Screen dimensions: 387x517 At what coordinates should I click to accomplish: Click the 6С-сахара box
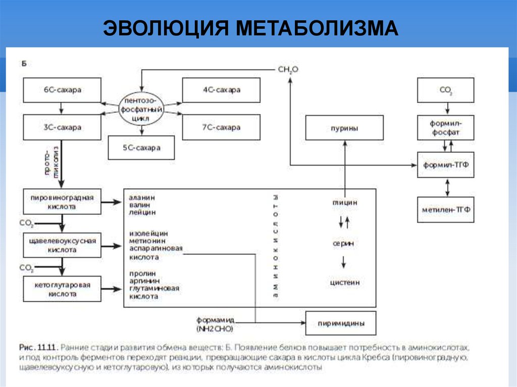62,90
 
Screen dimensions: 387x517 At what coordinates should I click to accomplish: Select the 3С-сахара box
62,127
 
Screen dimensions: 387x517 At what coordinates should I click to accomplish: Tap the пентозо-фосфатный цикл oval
142,108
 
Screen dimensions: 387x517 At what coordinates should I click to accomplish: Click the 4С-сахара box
221,90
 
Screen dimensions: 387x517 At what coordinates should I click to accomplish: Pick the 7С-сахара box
221,127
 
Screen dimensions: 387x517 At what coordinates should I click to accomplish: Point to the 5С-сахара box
141,148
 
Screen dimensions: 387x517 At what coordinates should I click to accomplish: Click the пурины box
344,128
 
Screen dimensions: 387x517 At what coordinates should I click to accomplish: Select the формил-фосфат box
445,128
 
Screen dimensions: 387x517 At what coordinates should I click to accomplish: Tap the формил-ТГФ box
445,165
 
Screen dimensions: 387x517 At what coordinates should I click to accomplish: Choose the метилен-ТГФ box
445,209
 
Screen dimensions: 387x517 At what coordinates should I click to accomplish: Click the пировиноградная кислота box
62,202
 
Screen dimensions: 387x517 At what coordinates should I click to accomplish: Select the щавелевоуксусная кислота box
62,245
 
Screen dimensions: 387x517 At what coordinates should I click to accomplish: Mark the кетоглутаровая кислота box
62,289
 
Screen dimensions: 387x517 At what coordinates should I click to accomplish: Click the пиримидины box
341,321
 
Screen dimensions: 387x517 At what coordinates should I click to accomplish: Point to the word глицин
344,202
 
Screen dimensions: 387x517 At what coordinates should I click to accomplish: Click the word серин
343,243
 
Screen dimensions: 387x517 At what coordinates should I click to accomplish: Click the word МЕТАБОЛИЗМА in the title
317,28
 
